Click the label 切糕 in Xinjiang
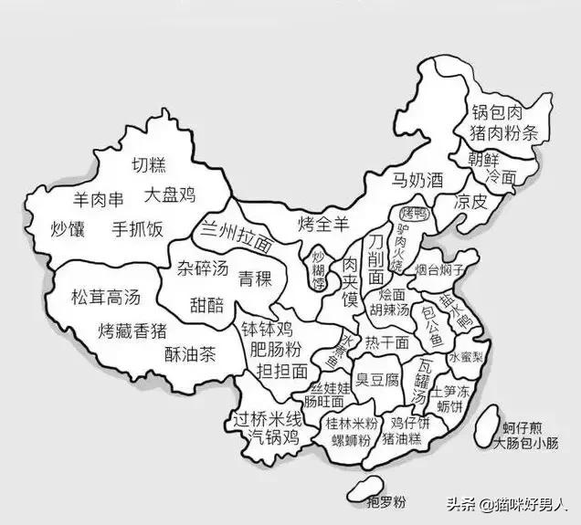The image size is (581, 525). click(148, 165)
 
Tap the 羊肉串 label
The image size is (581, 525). click(98, 198)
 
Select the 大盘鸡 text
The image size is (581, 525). click(171, 194)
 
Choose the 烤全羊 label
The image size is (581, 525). click(325, 222)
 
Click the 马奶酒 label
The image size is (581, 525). click(417, 179)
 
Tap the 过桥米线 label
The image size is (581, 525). click(268, 420)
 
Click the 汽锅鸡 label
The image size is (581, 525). click(275, 437)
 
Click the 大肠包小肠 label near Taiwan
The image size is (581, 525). click(525, 445)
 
